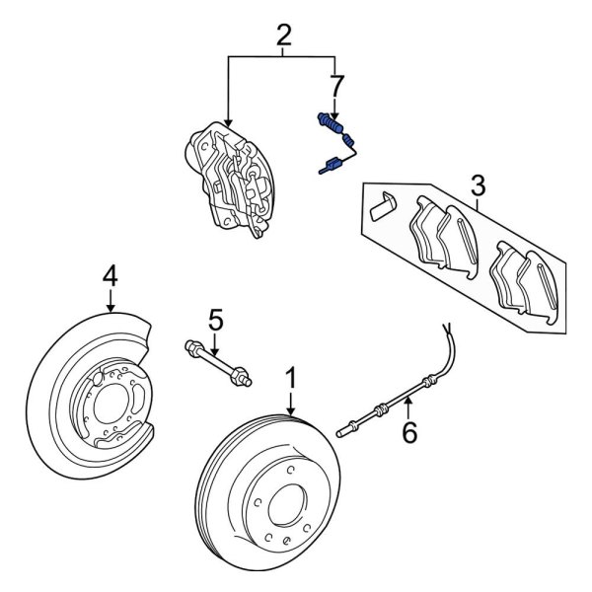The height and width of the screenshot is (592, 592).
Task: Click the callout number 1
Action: (291, 377)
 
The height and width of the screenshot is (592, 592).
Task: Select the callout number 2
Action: (284, 37)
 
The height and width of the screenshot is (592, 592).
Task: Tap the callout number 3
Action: (478, 185)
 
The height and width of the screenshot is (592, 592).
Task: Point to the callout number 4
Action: (111, 272)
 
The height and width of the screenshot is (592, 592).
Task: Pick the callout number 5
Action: (216, 319)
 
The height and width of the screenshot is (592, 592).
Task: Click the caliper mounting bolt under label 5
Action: (217, 361)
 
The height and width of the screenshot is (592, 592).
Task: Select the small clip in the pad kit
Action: (382, 206)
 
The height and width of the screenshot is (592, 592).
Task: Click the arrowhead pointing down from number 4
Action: (111, 308)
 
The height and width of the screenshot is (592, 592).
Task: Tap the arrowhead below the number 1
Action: (291, 408)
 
